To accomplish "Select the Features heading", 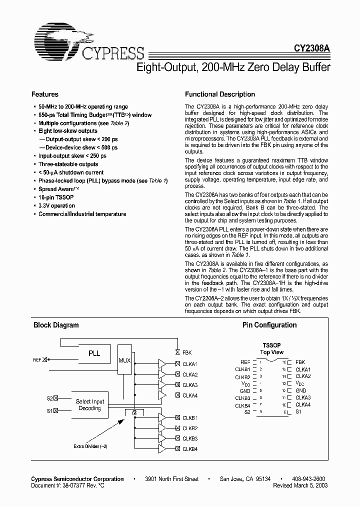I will pos(45,94).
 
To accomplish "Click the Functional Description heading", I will pos(220,94).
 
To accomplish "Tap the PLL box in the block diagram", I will pos(94,353).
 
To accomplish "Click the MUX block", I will pos(125,360).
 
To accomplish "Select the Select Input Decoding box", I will pos(90,404).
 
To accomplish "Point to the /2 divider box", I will pos(133,412).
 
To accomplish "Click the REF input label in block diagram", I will pos(37,359).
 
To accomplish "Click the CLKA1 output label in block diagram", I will pos(190,364).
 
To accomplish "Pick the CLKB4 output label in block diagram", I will pos(190,448).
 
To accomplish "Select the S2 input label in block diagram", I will pos(49,398).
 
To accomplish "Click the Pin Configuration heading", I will pos(269,325).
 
